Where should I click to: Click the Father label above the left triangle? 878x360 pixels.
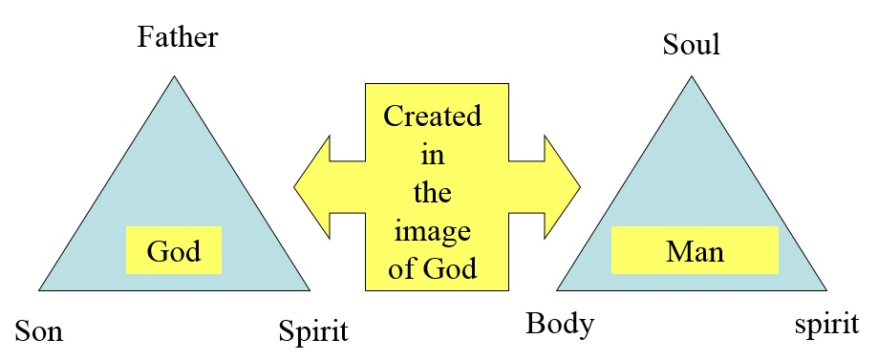coord(178,38)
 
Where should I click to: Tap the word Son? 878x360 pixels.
coord(38,333)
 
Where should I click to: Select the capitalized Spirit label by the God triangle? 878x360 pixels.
coord(313,333)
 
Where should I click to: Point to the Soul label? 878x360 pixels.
coord(691,44)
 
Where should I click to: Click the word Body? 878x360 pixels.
coord(560,324)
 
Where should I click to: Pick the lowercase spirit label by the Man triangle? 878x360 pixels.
coord(826,324)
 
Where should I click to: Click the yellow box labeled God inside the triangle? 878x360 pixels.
coord(174,252)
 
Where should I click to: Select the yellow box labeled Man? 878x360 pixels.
coord(695,252)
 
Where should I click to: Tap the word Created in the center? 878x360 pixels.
coord(432,117)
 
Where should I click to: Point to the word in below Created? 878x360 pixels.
coord(432,156)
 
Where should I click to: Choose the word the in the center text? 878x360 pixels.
coord(432,193)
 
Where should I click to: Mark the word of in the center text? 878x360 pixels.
coord(400,268)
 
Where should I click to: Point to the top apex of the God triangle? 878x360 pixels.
coord(174,77)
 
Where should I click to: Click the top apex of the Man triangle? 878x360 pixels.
coord(691,77)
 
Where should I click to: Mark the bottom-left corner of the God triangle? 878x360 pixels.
coord(40,288)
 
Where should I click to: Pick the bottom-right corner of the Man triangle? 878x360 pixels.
coord(825,288)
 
